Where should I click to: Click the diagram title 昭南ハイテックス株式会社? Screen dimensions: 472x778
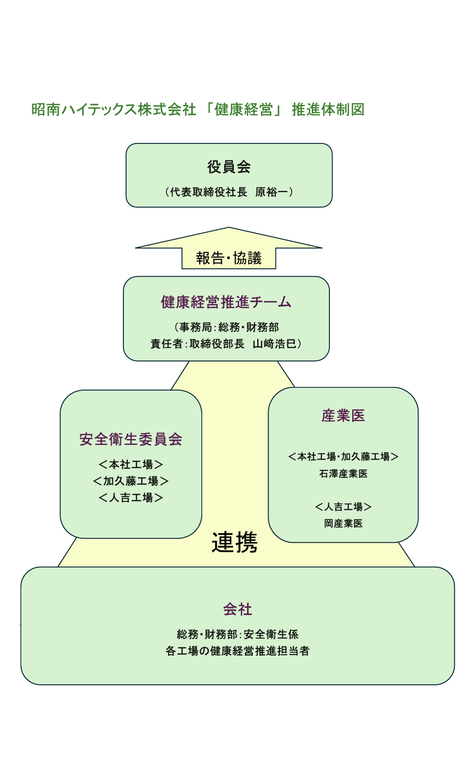114,109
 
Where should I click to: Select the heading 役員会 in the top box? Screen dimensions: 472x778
229,167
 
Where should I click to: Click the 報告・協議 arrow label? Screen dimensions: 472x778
229,258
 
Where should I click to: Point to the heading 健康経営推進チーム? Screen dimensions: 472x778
226,302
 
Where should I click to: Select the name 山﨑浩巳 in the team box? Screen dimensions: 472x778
274,344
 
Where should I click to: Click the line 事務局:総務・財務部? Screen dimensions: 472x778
229,327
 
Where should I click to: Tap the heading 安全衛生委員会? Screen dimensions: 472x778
131,439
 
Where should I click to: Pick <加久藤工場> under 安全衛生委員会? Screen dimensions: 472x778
131,481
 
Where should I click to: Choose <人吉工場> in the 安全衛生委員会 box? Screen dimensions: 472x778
131,498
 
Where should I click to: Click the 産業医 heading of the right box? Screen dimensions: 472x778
343,415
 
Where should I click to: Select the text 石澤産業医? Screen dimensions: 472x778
343,474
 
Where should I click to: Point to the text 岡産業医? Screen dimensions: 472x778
343,523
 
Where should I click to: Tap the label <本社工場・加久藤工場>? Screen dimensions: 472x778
343,456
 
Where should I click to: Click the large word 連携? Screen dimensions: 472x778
234,542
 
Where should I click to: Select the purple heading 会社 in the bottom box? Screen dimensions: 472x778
238,609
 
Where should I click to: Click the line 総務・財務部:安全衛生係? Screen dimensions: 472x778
238,634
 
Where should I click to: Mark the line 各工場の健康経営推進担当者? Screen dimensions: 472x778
238,651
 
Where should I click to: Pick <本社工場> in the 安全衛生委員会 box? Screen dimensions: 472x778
131,465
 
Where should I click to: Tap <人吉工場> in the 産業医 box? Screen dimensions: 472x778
343,507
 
